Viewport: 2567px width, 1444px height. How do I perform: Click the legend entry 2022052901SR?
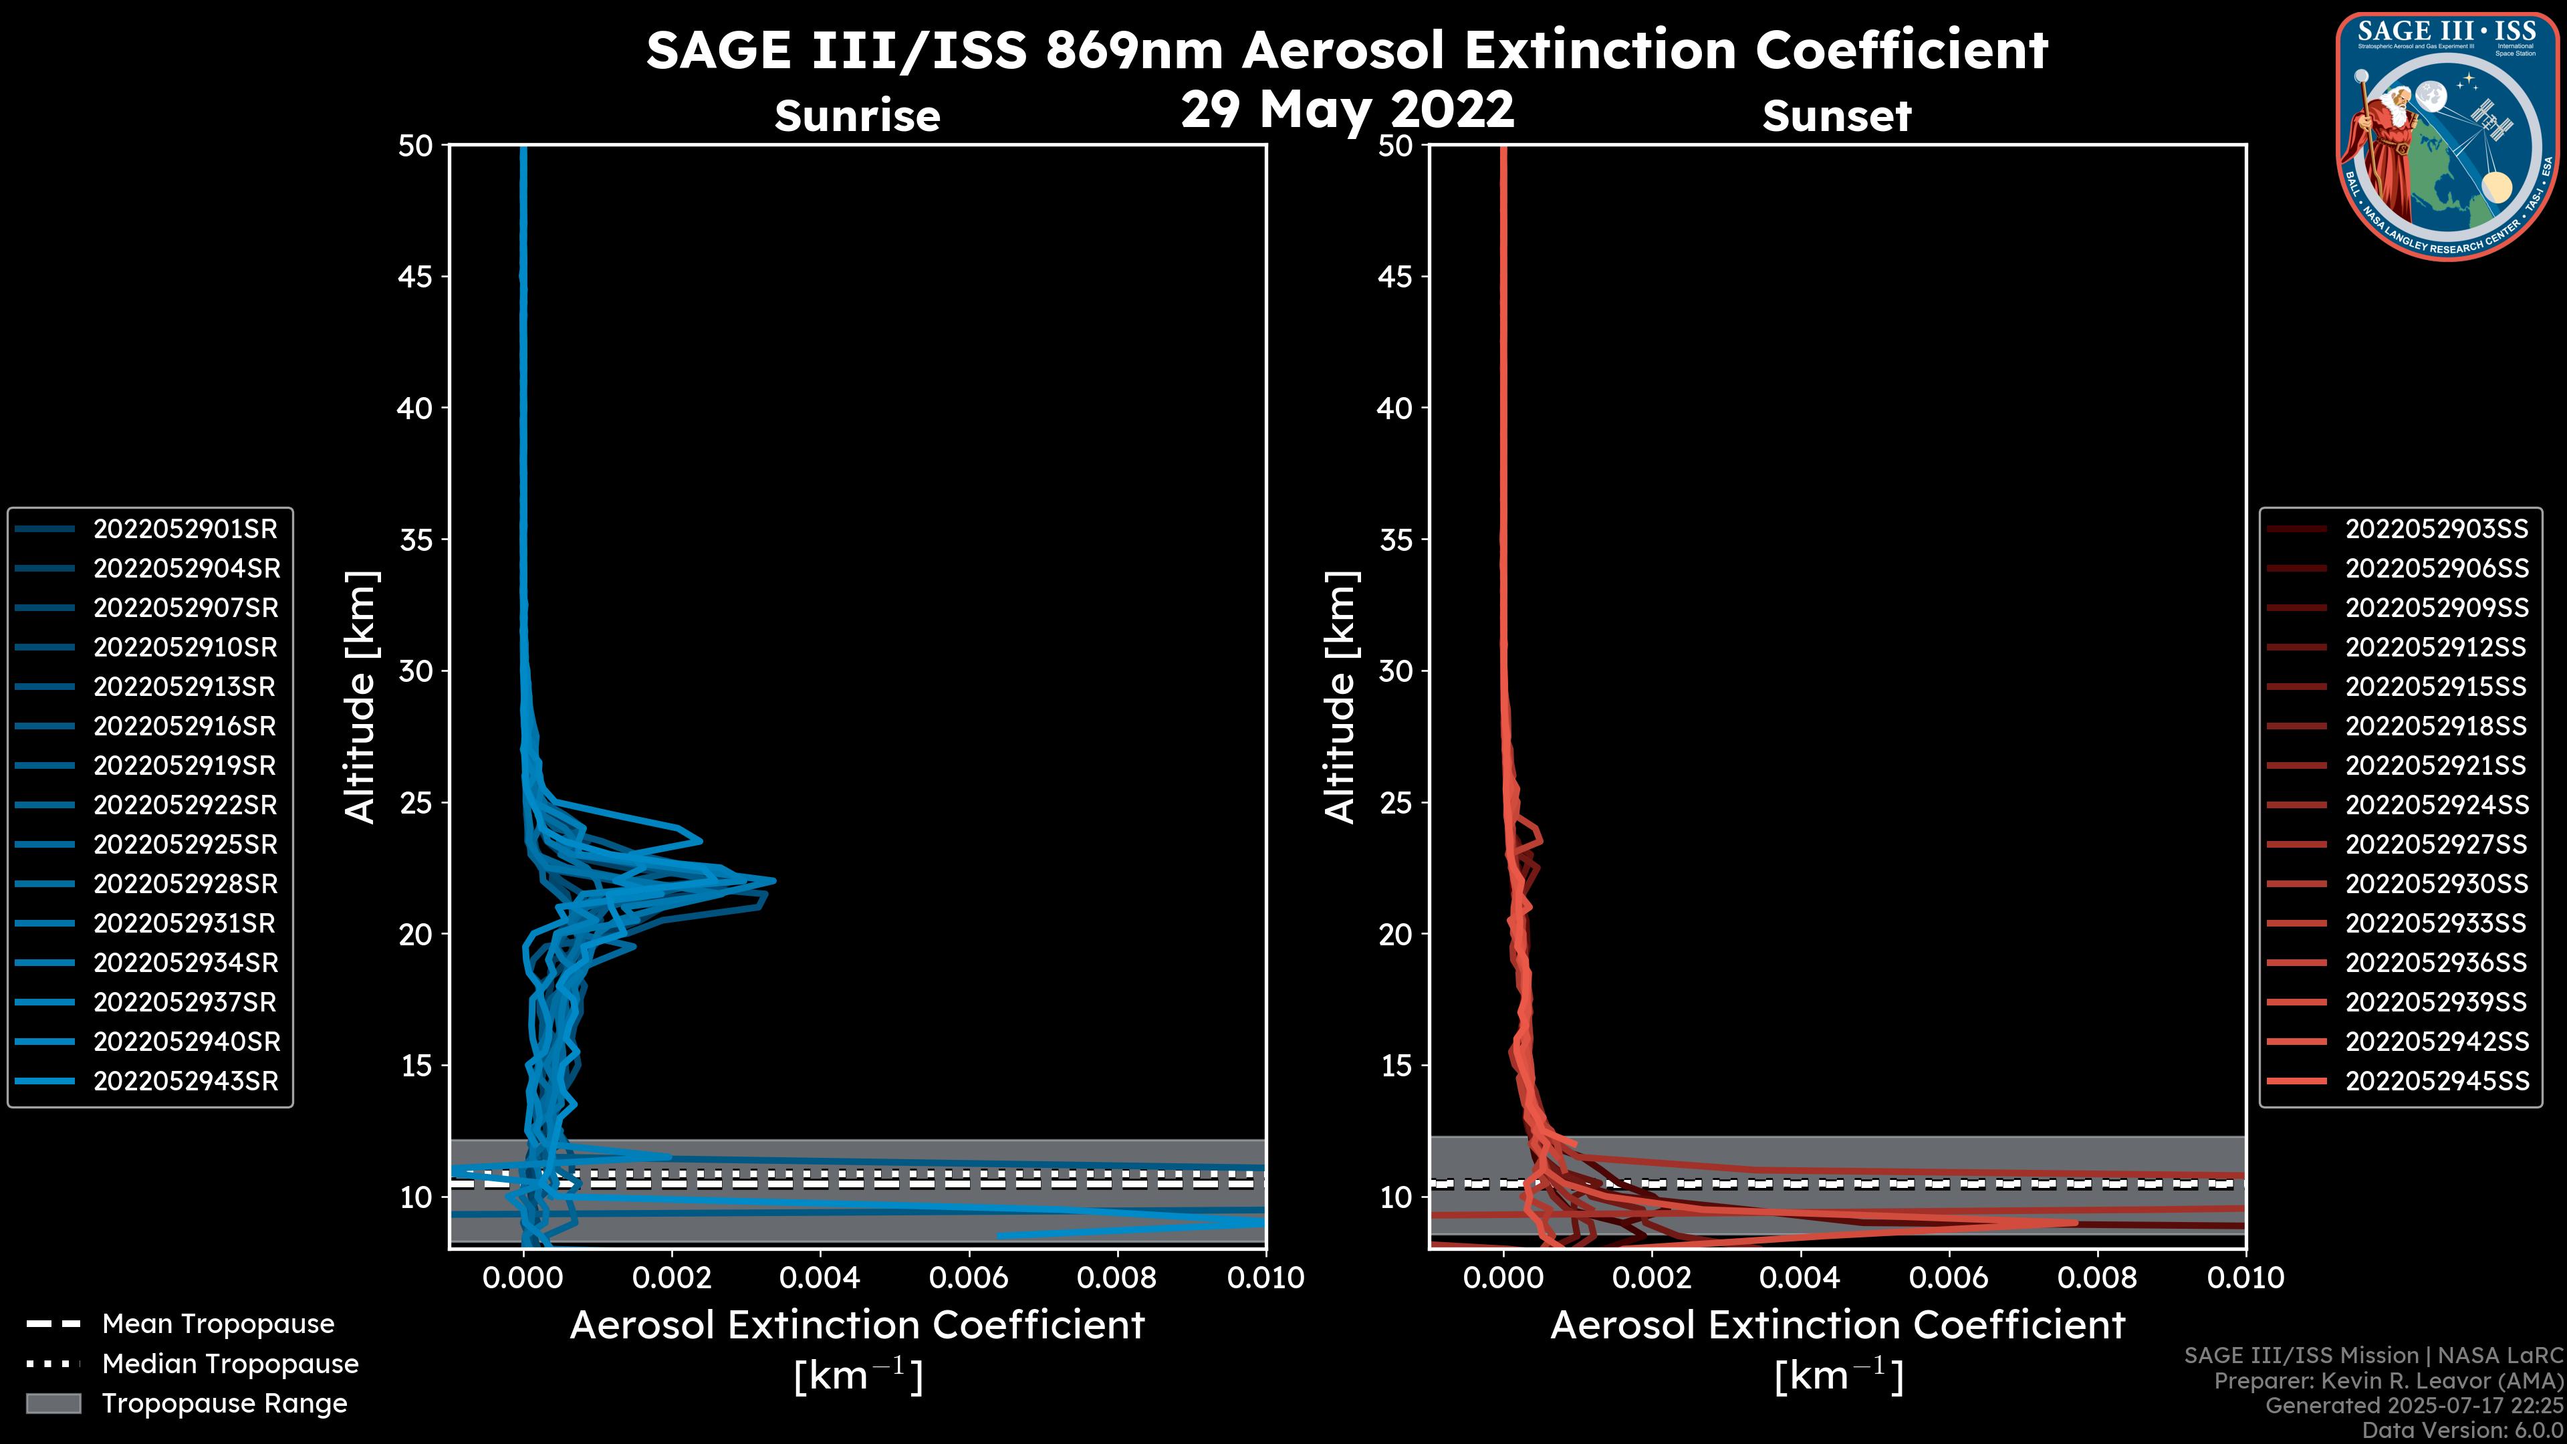pos(185,529)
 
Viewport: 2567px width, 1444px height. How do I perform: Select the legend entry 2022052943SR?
pos(185,1081)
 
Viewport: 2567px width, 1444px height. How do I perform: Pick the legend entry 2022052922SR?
pos(185,805)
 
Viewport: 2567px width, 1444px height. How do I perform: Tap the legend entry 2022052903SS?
pos(2437,529)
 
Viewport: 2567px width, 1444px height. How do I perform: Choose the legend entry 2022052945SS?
pos(2437,1081)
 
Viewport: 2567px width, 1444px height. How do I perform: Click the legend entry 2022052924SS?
pos(2437,805)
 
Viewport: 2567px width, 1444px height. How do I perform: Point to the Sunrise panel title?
pos(857,116)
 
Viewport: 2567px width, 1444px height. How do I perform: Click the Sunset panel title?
pos(1836,116)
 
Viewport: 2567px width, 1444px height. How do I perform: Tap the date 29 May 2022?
pos(1347,110)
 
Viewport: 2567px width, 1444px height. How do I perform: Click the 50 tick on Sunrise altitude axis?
pos(416,146)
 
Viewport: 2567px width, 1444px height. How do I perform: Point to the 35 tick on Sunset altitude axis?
pos(1395,540)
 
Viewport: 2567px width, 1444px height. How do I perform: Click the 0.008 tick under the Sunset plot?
pos(2098,1278)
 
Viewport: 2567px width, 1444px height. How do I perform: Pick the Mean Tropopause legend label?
pos(218,1324)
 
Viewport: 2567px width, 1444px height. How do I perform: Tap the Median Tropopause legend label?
pos(230,1364)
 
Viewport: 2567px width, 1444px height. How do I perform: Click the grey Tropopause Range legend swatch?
pos(53,1403)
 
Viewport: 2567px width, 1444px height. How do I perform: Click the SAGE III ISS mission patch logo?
pos(2447,136)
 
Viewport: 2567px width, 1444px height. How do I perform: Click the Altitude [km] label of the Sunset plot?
pos(1340,697)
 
